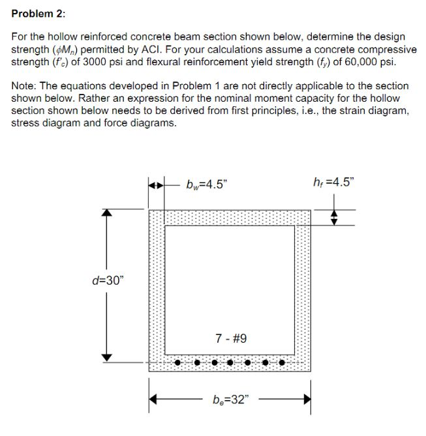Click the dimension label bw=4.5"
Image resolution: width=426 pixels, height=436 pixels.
click(x=205, y=184)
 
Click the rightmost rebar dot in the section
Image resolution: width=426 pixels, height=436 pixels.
click(x=282, y=362)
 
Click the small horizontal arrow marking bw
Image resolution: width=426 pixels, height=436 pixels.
click(x=157, y=184)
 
